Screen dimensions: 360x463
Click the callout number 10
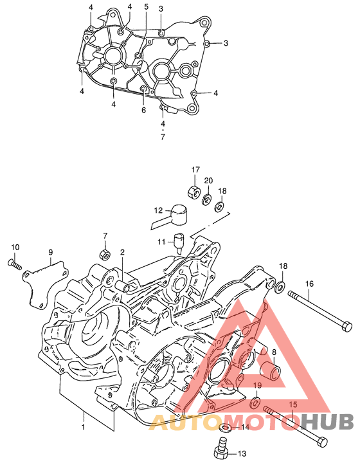pyautogui.click(x=15, y=247)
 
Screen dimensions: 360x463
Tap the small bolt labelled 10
pyautogui.click(x=14, y=264)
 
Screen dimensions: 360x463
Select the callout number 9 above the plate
pyautogui.click(x=51, y=252)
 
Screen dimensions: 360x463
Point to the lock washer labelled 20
pyautogui.click(x=206, y=200)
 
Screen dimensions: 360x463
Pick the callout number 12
pyautogui.click(x=158, y=210)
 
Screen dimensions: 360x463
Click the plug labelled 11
pyautogui.click(x=179, y=242)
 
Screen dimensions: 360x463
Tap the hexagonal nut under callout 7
pyautogui.click(x=104, y=255)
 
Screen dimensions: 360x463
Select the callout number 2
pyautogui.click(x=122, y=252)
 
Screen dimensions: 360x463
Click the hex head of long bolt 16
pyautogui.click(x=346, y=327)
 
